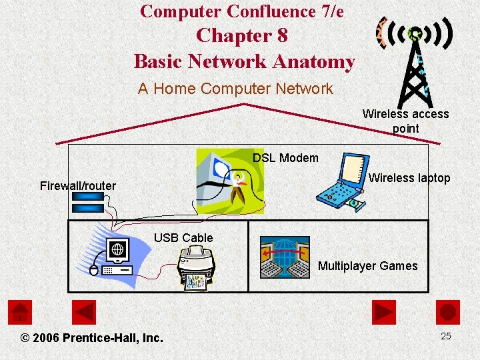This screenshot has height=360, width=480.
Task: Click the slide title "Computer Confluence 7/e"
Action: pyautogui.click(x=242, y=11)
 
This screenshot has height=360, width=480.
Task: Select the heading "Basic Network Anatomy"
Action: pyautogui.click(x=244, y=61)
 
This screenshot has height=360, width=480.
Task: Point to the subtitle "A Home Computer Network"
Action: pyautogui.click(x=235, y=89)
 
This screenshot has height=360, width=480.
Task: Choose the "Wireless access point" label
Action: pyautogui.click(x=405, y=121)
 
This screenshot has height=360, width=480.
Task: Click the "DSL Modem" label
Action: pyautogui.click(x=285, y=158)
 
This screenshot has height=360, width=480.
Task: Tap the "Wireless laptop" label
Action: pyautogui.click(x=409, y=178)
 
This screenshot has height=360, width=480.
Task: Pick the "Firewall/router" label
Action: pyautogui.click(x=78, y=186)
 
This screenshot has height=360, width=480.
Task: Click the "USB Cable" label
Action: pyautogui.click(x=183, y=238)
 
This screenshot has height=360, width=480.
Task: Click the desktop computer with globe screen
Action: pyautogui.click(x=113, y=257)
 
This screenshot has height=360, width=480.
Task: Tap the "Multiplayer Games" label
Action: pyautogui.click(x=368, y=266)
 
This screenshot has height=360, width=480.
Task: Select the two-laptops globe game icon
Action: pyautogui.click(x=285, y=257)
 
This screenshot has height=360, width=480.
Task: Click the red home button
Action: pyautogui.click(x=20, y=312)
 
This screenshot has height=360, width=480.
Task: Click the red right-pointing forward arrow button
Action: pyautogui.click(x=383, y=312)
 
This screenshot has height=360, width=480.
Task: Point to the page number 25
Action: pyautogui.click(x=446, y=336)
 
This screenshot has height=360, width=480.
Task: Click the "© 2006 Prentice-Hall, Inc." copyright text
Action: pyautogui.click(x=92, y=338)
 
